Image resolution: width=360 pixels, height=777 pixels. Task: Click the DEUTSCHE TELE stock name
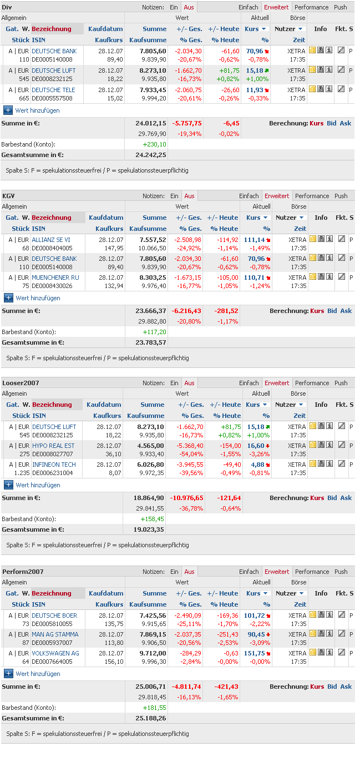(53, 90)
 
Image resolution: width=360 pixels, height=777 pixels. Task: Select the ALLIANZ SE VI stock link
(51, 240)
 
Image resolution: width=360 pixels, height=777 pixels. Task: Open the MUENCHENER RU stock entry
(55, 277)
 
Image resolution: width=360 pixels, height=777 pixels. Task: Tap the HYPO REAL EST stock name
(53, 446)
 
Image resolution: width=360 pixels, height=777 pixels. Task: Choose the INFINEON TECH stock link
(54, 465)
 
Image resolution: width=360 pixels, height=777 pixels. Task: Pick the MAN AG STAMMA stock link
(55, 634)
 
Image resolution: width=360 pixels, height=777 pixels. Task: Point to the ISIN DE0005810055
(52, 624)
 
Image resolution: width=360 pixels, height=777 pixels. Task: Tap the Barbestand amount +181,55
(154, 708)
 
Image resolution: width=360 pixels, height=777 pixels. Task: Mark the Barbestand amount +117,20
(154, 332)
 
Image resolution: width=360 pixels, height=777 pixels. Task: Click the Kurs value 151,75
(254, 653)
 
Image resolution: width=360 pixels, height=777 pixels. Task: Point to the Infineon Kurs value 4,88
(258, 465)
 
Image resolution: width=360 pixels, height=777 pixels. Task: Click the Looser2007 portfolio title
(21, 383)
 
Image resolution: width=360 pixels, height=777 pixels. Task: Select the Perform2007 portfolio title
(23, 572)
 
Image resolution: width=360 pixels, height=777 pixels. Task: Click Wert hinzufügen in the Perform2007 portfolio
(38, 674)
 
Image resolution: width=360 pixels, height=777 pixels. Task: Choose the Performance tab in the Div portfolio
(311, 7)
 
